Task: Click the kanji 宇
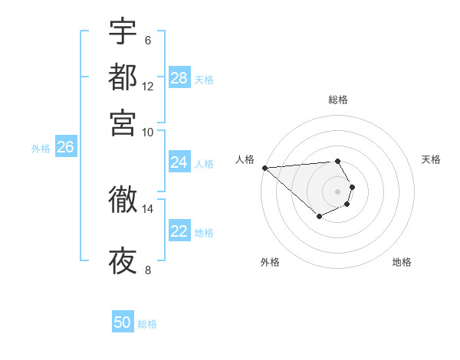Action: point(123,31)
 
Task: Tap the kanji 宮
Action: point(123,122)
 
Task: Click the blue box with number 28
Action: point(179,78)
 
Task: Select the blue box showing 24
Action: point(179,162)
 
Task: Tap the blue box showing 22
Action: point(179,231)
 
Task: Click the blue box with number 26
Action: point(65,148)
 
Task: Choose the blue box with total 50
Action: point(123,322)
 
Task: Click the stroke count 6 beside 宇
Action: point(147,40)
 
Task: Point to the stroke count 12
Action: point(147,86)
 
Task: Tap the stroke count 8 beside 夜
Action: point(147,270)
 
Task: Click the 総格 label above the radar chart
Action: point(338,100)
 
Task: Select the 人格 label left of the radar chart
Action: point(245,159)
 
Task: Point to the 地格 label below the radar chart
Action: point(402,262)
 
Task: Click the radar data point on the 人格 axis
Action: point(264,168)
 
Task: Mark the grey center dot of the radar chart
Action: point(338,191)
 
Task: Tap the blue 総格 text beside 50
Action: point(147,324)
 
